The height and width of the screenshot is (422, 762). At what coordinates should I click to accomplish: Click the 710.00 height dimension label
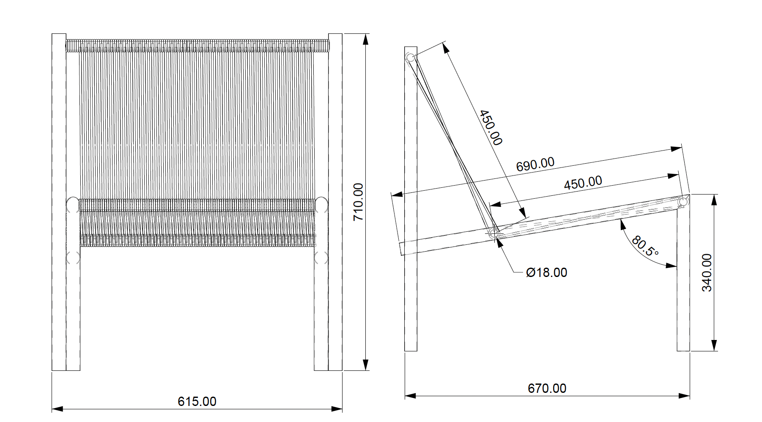click(x=358, y=202)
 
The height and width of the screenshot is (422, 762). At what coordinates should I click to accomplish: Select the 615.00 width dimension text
click(x=197, y=401)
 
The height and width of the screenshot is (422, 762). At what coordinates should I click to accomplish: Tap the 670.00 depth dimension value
click(x=547, y=388)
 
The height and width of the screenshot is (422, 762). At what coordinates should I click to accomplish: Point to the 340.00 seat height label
click(x=707, y=272)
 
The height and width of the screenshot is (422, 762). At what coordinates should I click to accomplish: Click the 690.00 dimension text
click(x=535, y=164)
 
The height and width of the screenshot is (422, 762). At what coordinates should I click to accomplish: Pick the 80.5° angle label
click(x=645, y=247)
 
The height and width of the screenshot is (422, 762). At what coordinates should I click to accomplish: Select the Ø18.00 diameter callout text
click(x=546, y=273)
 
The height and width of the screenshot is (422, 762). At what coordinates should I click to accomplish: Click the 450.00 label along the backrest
click(x=491, y=128)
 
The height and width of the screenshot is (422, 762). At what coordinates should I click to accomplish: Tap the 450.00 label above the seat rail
click(x=583, y=183)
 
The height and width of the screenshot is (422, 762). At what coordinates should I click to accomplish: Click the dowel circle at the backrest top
click(x=410, y=58)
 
